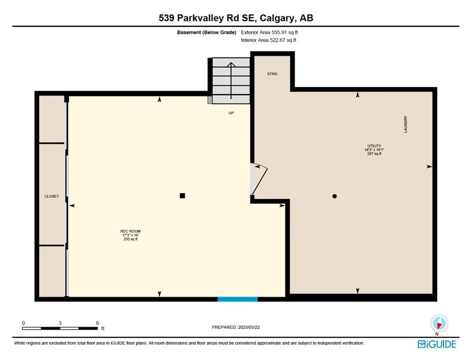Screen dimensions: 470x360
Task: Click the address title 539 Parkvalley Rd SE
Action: pyautogui.click(x=207, y=18)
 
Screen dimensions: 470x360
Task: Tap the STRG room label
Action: pyautogui.click(x=272, y=74)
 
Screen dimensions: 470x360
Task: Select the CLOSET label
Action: pyautogui.click(x=52, y=196)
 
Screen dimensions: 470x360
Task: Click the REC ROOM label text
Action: pyautogui.click(x=130, y=231)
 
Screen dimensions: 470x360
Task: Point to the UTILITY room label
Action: pyautogui.click(x=374, y=146)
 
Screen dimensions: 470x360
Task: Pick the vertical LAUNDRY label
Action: pyautogui.click(x=405, y=124)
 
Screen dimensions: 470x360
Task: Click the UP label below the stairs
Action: pyautogui.click(x=231, y=113)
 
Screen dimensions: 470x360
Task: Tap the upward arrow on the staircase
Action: pyautogui.click(x=231, y=80)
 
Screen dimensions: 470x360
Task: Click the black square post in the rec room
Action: pyautogui.click(x=182, y=196)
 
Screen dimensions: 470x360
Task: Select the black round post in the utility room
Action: pyautogui.click(x=335, y=196)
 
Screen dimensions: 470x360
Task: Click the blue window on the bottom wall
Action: pyautogui.click(x=238, y=299)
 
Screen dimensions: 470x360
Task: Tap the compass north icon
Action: pyautogui.click(x=439, y=324)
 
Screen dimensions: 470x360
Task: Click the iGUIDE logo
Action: pyautogui.click(x=437, y=344)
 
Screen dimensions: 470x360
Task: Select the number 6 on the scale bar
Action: pyautogui.click(x=97, y=323)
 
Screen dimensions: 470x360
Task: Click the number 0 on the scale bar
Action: pyautogui.click(x=23, y=323)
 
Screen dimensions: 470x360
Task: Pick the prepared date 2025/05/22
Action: pyautogui.click(x=249, y=327)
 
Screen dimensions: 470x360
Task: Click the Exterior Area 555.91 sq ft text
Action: pyautogui.click(x=269, y=32)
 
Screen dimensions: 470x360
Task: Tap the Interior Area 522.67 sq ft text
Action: pyautogui.click(x=269, y=40)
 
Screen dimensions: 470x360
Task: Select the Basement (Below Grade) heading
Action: pyautogui.click(x=207, y=32)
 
